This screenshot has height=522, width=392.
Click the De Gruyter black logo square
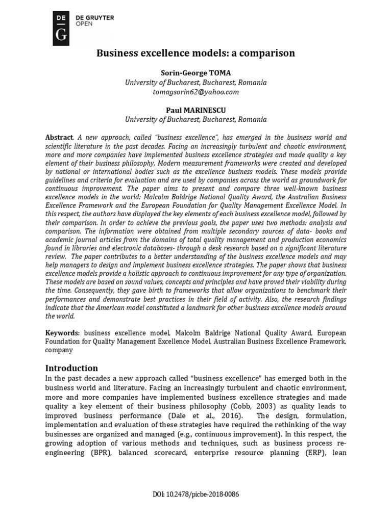point(61,27)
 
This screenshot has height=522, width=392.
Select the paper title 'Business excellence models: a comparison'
point(196,53)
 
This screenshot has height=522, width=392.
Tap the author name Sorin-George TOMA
point(196,72)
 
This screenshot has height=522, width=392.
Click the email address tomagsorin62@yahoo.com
point(196,92)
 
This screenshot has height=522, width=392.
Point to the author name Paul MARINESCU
point(196,110)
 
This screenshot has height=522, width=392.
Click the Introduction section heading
point(71,368)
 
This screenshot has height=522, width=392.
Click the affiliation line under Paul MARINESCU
point(196,120)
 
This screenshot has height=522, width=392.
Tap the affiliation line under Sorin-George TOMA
point(196,82)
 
